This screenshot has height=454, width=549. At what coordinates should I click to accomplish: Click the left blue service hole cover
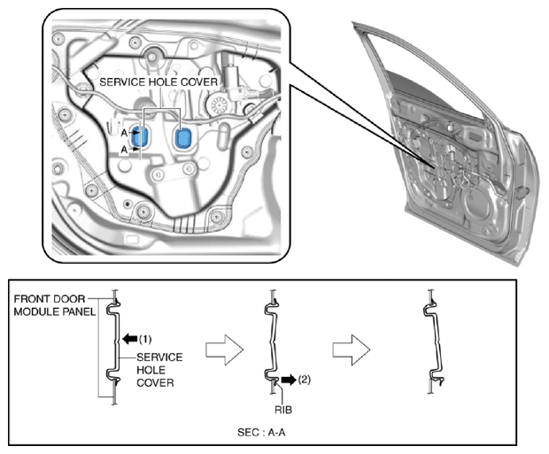(x=139, y=137)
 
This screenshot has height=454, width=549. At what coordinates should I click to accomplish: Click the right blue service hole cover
(x=183, y=138)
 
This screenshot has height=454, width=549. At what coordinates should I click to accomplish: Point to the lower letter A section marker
(x=125, y=150)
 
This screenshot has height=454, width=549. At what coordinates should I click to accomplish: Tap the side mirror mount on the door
(x=522, y=191)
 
